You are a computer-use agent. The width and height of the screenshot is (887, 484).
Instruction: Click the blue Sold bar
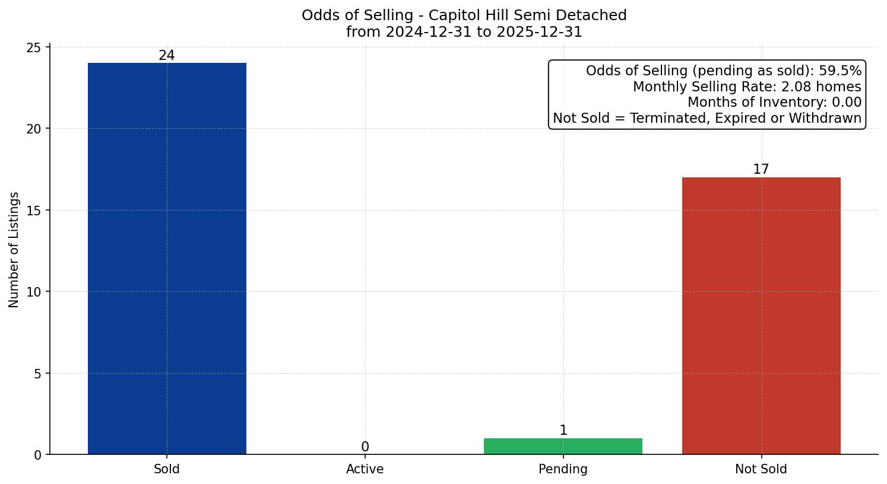point(167,259)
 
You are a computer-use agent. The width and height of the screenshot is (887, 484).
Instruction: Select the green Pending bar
point(563,446)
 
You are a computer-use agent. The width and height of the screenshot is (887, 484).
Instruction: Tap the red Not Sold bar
point(761,316)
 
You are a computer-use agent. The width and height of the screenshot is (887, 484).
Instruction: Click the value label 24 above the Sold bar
point(167,56)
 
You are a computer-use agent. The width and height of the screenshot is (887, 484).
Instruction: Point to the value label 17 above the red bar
point(761,170)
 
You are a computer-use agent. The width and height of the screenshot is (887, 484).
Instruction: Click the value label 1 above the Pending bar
point(563,431)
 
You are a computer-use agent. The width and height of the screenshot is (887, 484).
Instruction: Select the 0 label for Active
point(365,447)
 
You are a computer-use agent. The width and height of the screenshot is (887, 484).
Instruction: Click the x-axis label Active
point(365,469)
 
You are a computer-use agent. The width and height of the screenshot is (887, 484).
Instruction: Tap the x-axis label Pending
point(563,469)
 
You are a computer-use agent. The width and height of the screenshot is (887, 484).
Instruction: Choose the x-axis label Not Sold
point(761,469)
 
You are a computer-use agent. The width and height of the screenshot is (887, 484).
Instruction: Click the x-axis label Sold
point(167,469)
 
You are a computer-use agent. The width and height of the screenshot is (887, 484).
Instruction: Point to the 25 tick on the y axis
point(34,47)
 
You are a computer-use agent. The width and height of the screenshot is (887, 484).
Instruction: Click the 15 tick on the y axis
point(34,211)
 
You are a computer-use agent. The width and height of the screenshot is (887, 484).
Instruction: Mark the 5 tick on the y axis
point(37,374)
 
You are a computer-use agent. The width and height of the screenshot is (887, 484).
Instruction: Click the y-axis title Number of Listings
point(14,250)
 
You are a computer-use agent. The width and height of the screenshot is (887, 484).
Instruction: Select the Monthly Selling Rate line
point(747,87)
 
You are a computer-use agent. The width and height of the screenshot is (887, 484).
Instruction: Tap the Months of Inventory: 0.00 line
point(774,103)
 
